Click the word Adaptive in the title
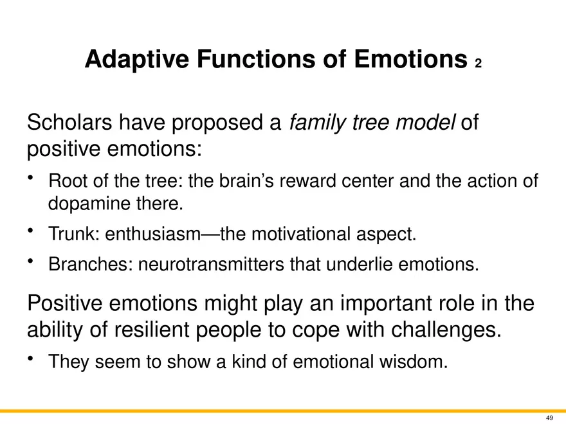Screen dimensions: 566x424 point(137,60)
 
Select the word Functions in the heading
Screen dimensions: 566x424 point(256,58)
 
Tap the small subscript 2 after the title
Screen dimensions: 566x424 point(479,64)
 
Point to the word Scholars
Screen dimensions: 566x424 point(69,122)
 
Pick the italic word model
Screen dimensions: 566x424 point(426,122)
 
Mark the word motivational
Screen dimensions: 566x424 point(301,234)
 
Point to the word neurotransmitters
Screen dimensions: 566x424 point(211,264)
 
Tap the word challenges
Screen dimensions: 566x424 point(446,330)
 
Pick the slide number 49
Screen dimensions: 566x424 point(549,418)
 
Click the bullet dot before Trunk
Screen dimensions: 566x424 point(30,230)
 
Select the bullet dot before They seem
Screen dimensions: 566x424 point(30,358)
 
